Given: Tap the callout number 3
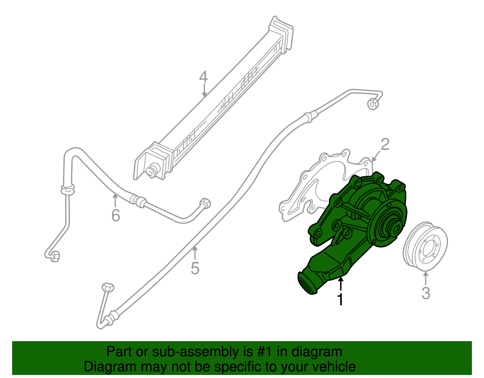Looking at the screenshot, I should coord(426,293).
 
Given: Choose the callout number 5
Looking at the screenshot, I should coord(195,268).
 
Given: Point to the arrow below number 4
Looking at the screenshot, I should coord(204,91).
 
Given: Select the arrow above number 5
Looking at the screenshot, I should coord(195,254).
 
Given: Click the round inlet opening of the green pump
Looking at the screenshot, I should coord(307,283).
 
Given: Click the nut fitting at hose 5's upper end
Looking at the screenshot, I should coord(373,104).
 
